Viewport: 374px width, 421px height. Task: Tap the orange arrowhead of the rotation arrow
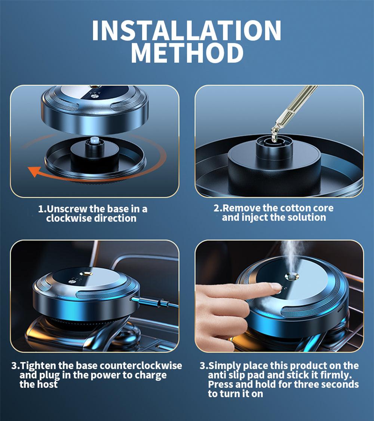(x=34, y=172)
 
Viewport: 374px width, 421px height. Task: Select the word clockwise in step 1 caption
(x=69, y=218)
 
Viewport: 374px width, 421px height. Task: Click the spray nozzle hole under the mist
(x=292, y=276)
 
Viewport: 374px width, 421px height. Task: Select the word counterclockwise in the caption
(x=141, y=366)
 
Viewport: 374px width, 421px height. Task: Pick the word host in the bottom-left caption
(x=46, y=384)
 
